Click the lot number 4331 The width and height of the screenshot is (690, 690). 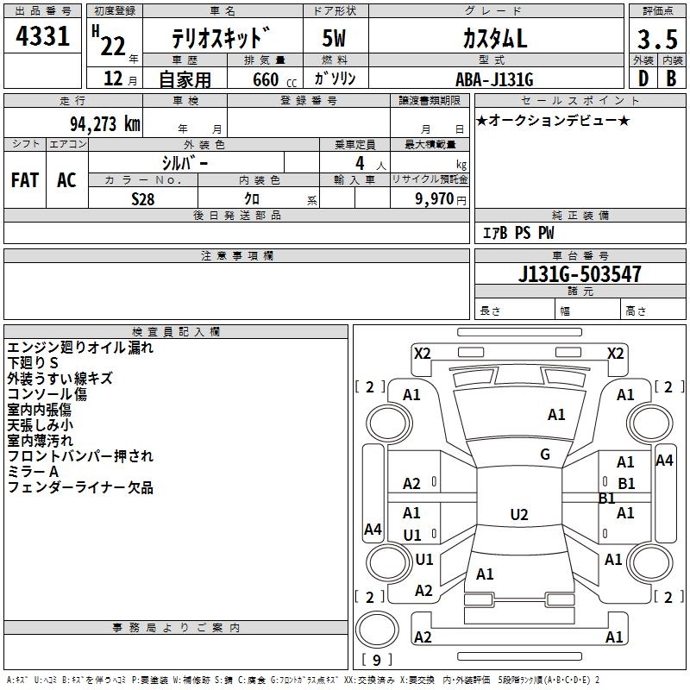pos(44,37)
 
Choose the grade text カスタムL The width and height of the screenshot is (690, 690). pos(494,39)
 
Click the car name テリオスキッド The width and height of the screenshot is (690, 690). pos(220,40)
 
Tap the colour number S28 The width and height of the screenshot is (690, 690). pos(144,198)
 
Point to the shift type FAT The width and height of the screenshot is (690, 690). pos(25,179)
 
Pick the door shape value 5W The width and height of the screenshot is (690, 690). pos(335,40)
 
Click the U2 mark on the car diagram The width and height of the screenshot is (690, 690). pos(518,515)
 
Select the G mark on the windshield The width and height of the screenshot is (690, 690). pos(544,455)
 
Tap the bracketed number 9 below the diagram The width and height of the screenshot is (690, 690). pos(376,661)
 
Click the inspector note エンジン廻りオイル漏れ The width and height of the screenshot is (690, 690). pos(80,348)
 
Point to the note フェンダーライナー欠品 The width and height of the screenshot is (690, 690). pos(80,488)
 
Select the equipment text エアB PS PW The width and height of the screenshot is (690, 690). pos(517,233)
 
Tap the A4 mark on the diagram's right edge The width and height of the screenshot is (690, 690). pos(663,461)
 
